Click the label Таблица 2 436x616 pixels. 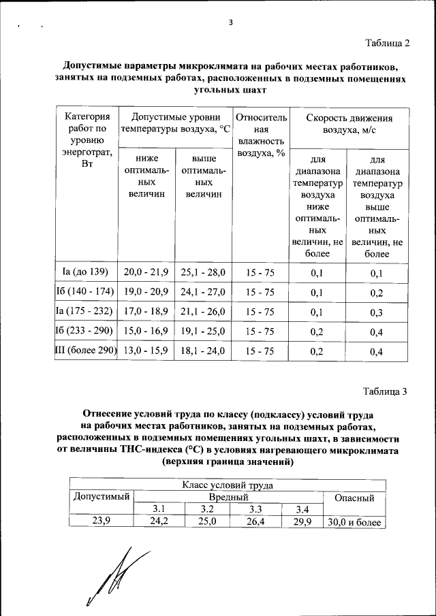(x=386, y=44)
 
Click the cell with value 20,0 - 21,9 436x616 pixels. (x=146, y=272)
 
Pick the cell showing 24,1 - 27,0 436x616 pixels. (x=203, y=292)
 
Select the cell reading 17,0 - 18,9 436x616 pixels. (x=146, y=312)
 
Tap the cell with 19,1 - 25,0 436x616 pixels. (x=203, y=331)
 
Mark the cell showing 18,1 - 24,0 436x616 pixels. (x=203, y=352)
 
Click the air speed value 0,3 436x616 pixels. (x=377, y=312)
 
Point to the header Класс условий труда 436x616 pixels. (x=228, y=485)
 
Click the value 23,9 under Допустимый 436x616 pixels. (x=102, y=522)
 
